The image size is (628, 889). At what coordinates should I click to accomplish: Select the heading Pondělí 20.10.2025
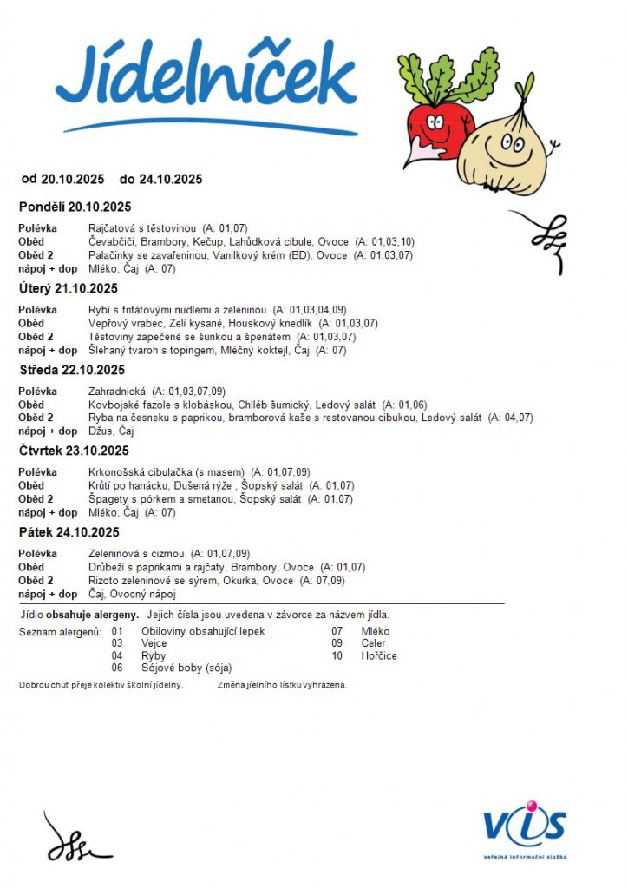point(75,207)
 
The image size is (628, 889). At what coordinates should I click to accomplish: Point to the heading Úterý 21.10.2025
point(69,288)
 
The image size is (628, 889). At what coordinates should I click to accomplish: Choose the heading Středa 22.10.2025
point(72,370)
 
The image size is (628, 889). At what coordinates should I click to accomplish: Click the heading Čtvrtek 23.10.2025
point(74,451)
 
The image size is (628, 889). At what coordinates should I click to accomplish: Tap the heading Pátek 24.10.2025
point(69,532)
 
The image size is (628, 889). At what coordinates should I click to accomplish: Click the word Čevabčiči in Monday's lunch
point(112,241)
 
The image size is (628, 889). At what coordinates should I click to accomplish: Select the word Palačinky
point(113,255)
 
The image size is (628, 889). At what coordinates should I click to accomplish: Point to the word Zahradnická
point(117,392)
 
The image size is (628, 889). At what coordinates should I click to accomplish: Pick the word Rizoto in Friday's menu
point(105,581)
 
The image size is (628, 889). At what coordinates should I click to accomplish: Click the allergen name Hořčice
point(379,655)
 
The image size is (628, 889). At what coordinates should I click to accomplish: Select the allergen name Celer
point(373,643)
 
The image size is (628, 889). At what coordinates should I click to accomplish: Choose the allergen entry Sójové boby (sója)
point(186,668)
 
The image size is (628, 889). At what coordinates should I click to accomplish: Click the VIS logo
point(525,827)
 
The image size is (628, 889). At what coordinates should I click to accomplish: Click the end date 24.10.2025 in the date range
point(171,180)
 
